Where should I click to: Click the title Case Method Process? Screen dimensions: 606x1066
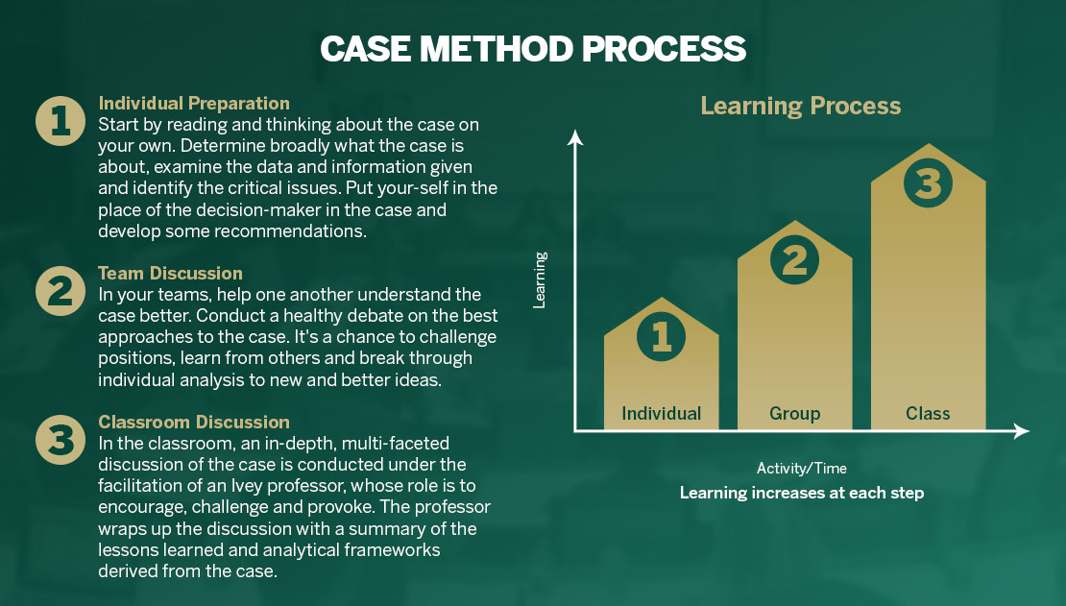click(532, 48)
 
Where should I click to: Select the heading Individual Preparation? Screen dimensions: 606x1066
click(194, 103)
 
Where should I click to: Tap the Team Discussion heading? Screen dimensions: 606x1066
click(170, 274)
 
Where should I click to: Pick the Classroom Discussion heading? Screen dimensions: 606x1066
click(194, 422)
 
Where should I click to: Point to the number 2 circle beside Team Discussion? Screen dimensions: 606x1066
click(61, 290)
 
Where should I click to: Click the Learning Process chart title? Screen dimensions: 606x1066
click(800, 106)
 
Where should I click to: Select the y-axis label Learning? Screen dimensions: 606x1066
click(540, 279)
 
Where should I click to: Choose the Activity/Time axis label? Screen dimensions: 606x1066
click(802, 469)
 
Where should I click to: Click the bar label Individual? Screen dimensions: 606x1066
click(662, 414)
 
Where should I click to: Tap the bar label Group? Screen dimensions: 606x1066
click(794, 414)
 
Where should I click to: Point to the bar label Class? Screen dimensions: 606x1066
click(928, 414)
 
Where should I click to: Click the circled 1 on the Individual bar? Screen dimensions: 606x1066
click(662, 336)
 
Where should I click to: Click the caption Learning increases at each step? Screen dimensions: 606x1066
click(802, 493)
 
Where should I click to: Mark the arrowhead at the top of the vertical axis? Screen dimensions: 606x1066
click(575, 138)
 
